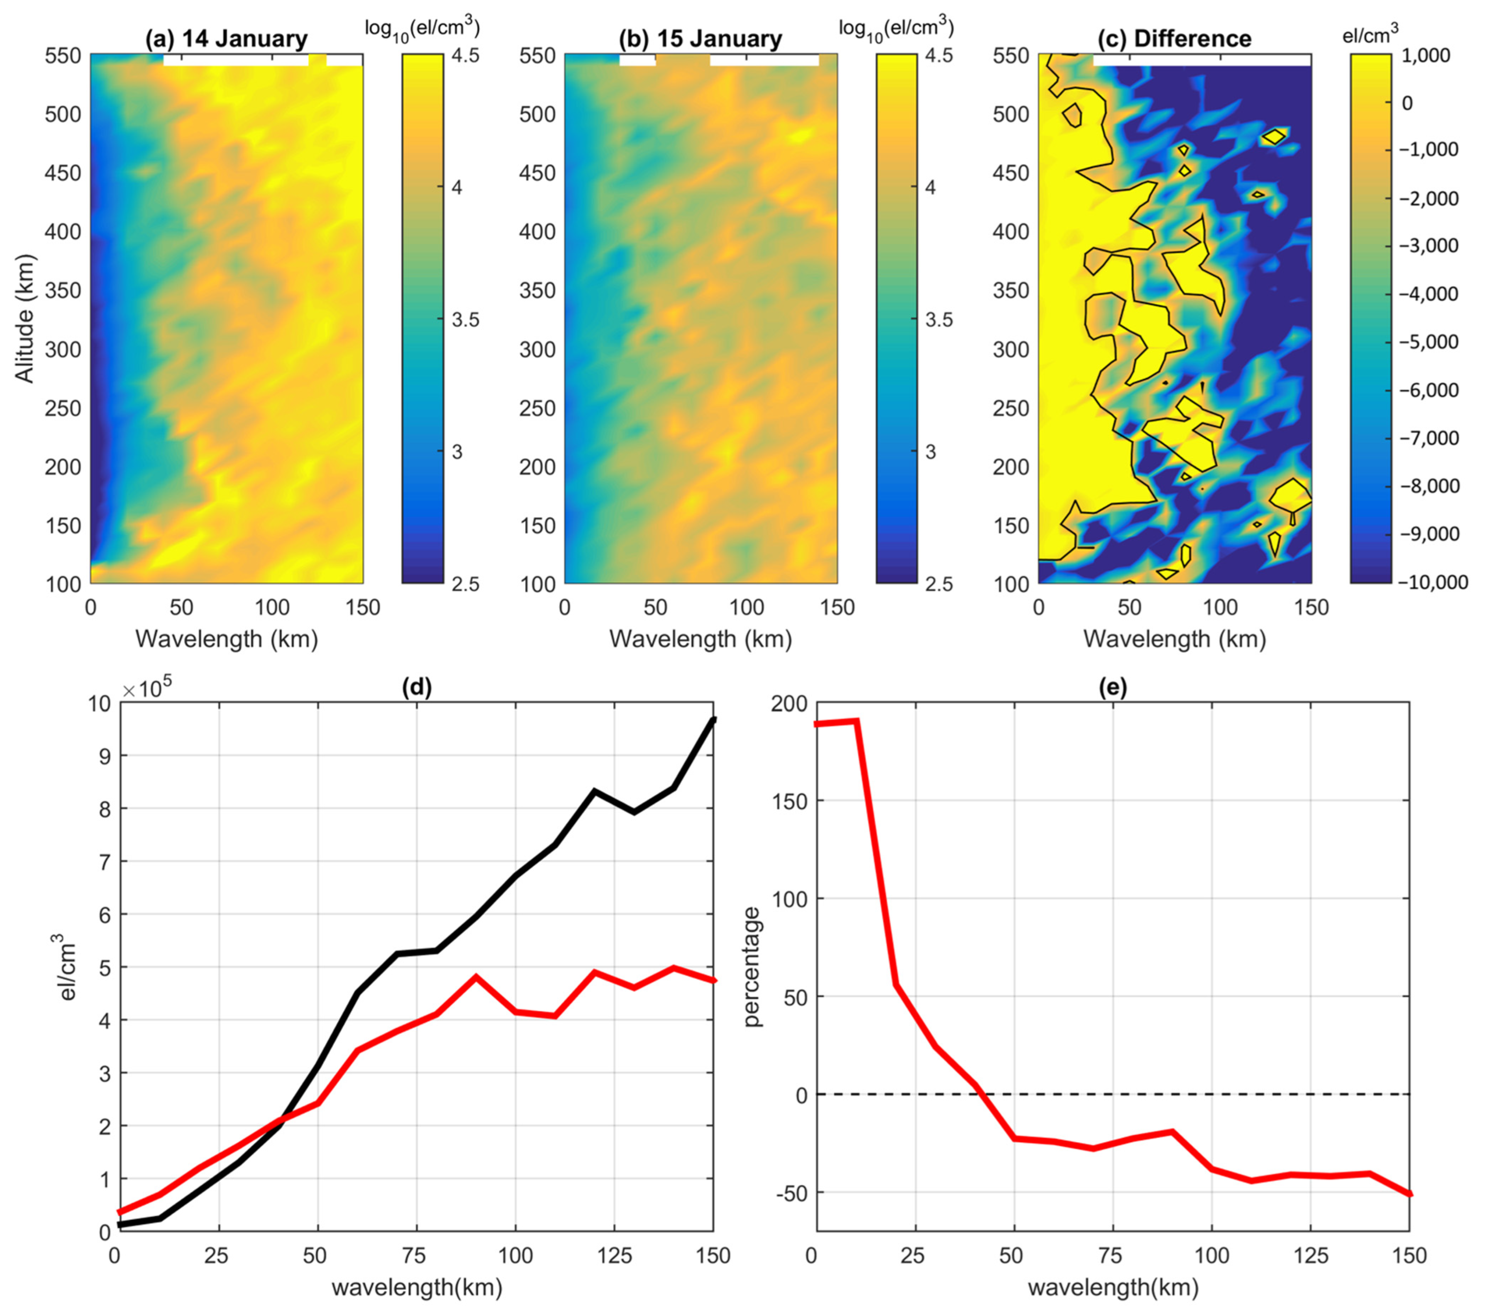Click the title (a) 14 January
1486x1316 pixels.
(x=227, y=39)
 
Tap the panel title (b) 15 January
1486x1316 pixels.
(x=700, y=39)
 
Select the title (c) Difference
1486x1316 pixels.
(x=1192, y=39)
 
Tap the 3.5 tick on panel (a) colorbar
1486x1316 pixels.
(x=465, y=320)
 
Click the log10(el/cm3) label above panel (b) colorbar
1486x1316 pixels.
(x=896, y=28)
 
